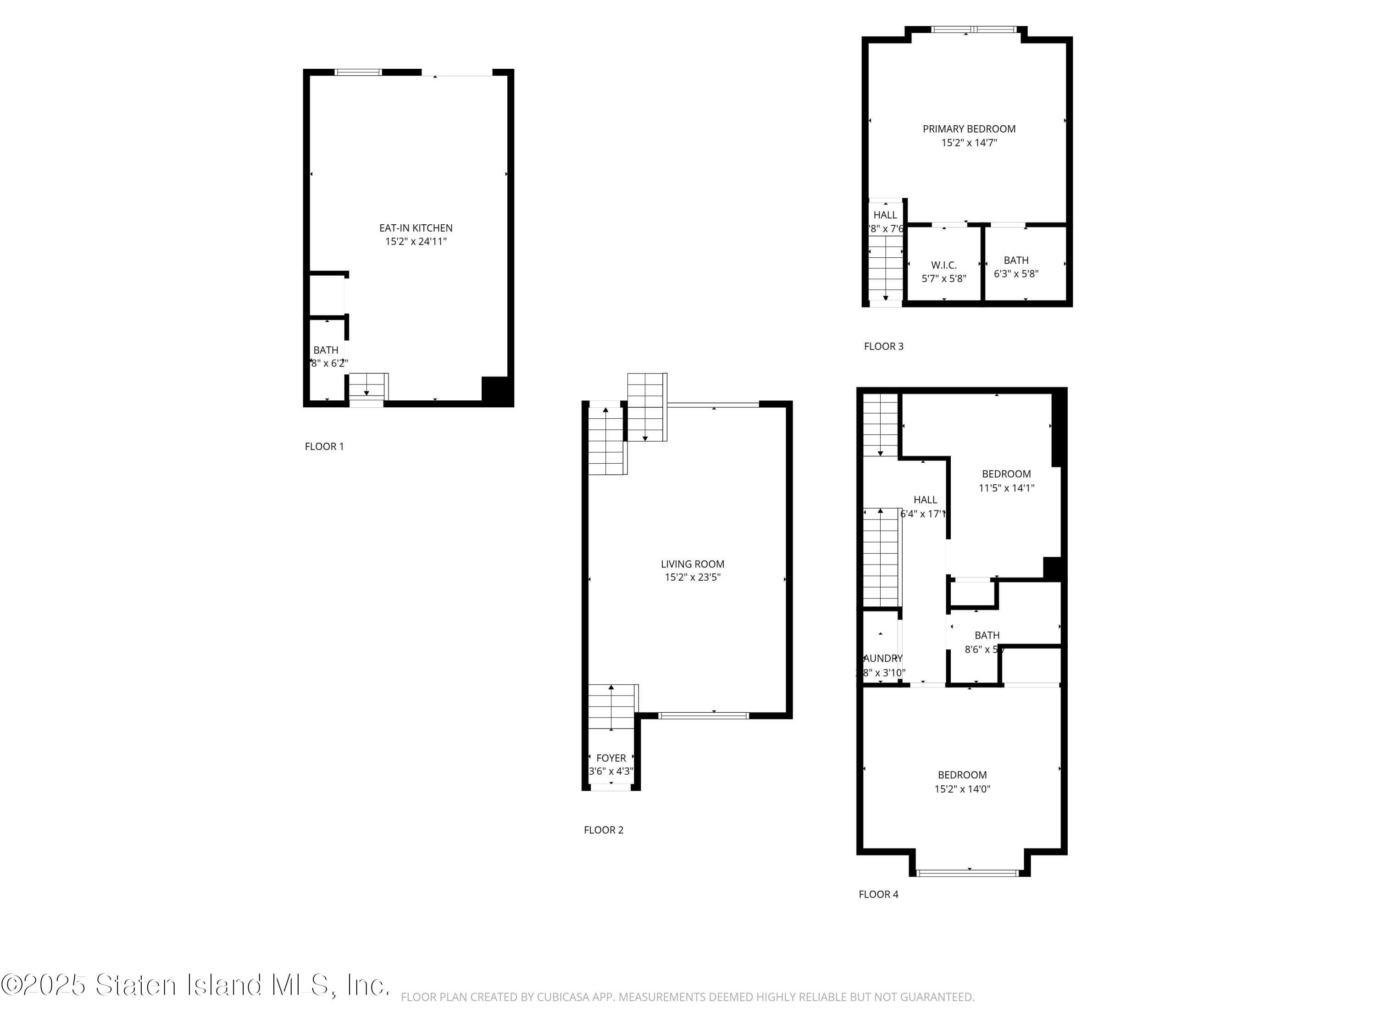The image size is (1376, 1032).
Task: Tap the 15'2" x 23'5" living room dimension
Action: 692,577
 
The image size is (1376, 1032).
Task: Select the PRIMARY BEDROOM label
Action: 969,129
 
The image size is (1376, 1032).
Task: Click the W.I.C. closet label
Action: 943,266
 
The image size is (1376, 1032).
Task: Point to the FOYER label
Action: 611,758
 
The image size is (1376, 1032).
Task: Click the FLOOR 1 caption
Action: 324,447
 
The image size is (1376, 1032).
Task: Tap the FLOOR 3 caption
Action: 883,346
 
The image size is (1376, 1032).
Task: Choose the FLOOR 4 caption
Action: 878,894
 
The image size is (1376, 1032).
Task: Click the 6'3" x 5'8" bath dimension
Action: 1016,274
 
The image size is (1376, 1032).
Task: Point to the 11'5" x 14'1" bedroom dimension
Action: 1006,488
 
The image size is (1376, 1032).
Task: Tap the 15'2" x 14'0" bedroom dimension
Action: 962,789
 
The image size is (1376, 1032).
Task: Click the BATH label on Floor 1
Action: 325,350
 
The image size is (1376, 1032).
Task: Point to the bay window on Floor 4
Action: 968,873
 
